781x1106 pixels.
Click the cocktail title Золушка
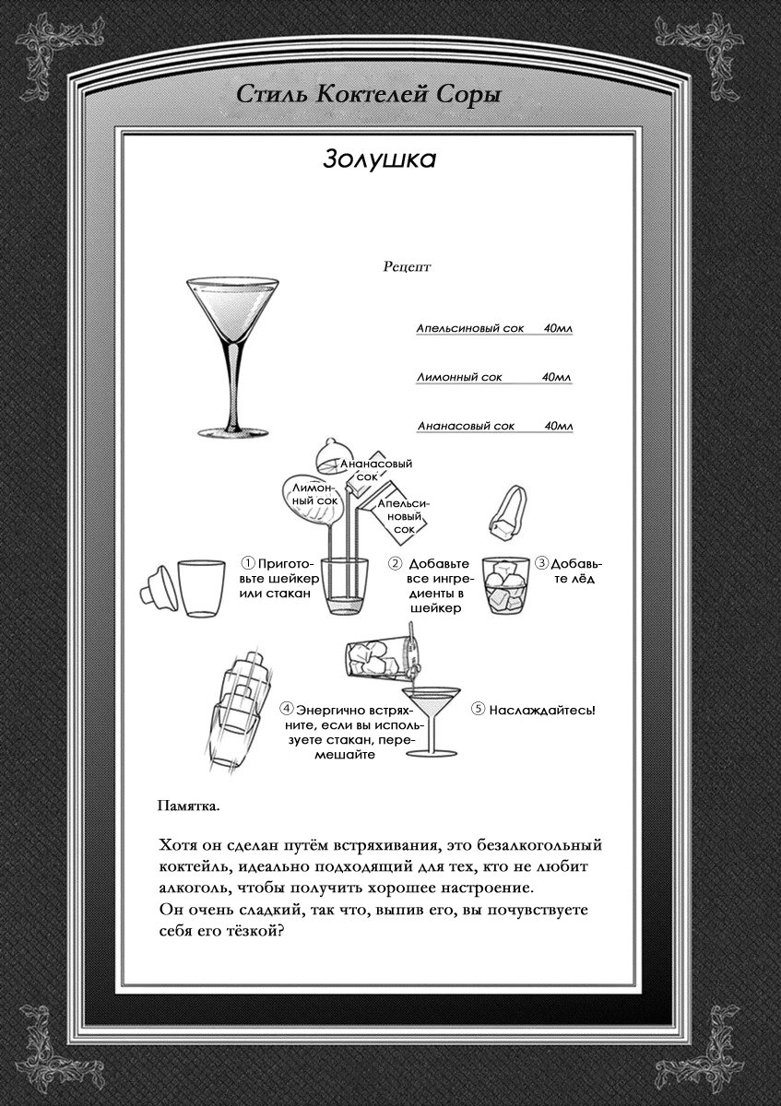[379, 159]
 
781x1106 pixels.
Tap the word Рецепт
[407, 267]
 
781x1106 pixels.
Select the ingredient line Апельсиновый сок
[469, 328]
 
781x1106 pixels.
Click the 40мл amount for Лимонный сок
[556, 377]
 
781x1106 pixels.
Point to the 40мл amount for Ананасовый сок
[559, 426]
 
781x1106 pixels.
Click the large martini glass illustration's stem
[233, 385]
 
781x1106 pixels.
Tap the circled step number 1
[247, 563]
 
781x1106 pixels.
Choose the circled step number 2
[395, 563]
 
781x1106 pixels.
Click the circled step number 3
[542, 562]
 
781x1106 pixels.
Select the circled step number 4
[286, 710]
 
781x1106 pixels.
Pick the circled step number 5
[478, 710]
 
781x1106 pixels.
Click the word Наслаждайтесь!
[542, 711]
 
